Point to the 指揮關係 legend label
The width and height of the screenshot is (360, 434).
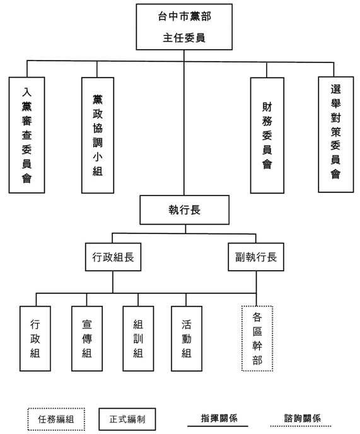(x=219, y=418)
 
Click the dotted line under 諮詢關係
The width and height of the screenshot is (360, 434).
(x=301, y=426)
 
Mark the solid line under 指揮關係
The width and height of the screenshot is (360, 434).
(x=218, y=426)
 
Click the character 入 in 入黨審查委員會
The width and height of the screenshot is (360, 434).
(x=27, y=92)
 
